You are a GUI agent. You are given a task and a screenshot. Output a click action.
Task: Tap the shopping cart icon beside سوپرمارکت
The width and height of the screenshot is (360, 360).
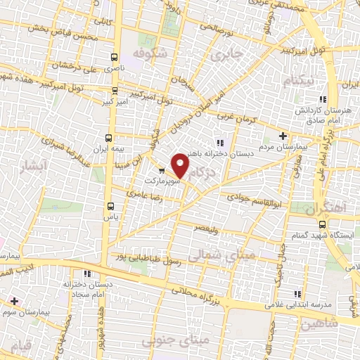[162, 171]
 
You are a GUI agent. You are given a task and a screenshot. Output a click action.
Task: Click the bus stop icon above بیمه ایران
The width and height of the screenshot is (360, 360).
[108, 137]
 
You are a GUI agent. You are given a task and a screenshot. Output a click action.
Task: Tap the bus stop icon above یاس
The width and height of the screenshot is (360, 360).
[110, 206]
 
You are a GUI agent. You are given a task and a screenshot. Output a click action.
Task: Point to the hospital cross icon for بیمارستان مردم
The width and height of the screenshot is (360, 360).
[283, 136]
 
